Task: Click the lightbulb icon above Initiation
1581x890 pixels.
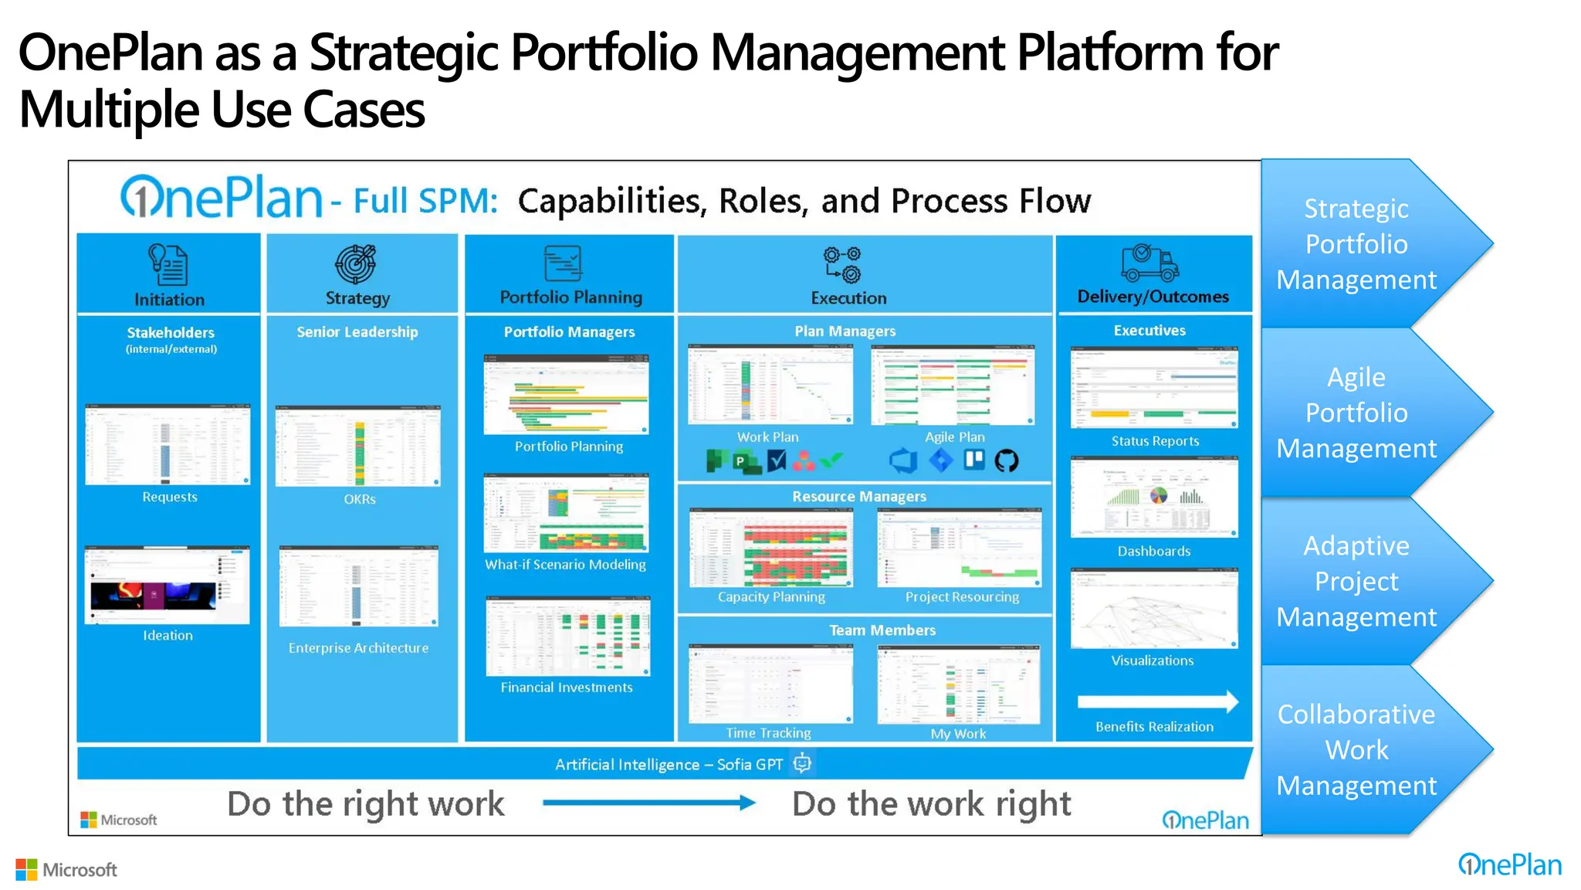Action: (168, 265)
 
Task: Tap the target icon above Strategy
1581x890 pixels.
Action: (356, 263)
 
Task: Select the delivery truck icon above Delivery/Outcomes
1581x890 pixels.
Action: (1149, 263)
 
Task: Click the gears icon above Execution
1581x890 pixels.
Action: (842, 265)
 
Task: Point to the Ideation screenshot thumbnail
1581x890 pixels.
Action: (168, 585)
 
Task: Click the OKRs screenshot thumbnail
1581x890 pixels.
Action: (358, 446)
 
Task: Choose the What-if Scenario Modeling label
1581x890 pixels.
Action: (565, 565)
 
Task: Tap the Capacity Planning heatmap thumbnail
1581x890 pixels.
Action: (771, 547)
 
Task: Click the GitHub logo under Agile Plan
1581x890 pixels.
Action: (1006, 461)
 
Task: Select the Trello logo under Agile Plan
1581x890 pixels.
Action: (974, 460)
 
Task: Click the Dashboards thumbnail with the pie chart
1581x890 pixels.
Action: (1154, 497)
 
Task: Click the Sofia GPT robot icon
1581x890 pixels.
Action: (803, 763)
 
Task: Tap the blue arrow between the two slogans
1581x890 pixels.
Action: (648, 803)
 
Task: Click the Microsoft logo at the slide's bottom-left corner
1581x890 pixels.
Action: (66, 870)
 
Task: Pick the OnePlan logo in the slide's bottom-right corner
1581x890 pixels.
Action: (1509, 865)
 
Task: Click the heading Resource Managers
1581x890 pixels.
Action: (858, 497)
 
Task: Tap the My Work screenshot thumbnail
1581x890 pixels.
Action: (958, 684)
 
